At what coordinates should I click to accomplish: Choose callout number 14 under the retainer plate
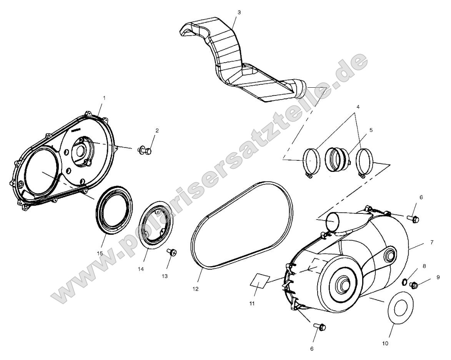[x=141, y=270]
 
